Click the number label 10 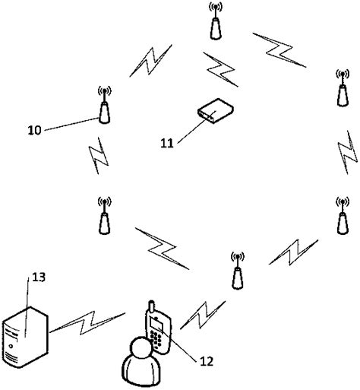33,129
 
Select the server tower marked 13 26,335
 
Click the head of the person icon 139,350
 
